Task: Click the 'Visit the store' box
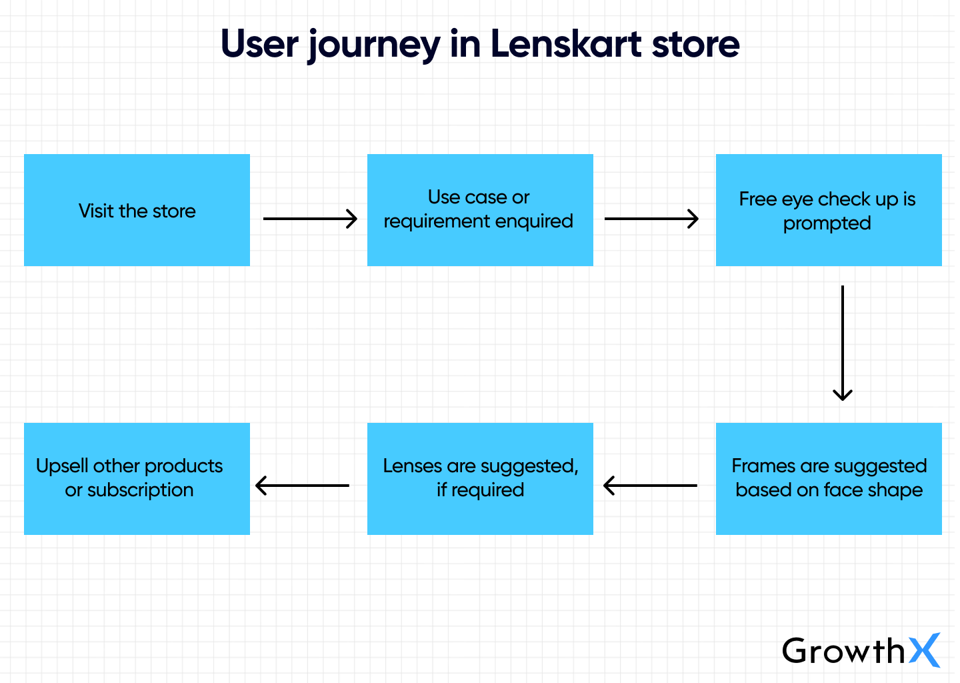pos(137,210)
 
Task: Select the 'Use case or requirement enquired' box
pos(480,210)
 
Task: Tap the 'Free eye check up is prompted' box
pos(828,210)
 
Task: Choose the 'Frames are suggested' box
pos(828,478)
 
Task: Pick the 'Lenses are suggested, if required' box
pos(480,478)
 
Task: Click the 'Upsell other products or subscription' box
pos(137,478)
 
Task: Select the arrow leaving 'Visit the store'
pos(310,219)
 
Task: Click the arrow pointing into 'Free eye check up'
pos(651,219)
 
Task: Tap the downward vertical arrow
pos(843,343)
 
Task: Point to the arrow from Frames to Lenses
pos(650,486)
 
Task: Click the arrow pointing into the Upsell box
pos(302,486)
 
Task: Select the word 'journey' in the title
pos(373,45)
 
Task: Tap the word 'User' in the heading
pos(259,44)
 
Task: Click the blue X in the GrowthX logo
pos(925,650)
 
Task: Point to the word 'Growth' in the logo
pos(843,651)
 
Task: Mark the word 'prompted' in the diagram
pos(827,223)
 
